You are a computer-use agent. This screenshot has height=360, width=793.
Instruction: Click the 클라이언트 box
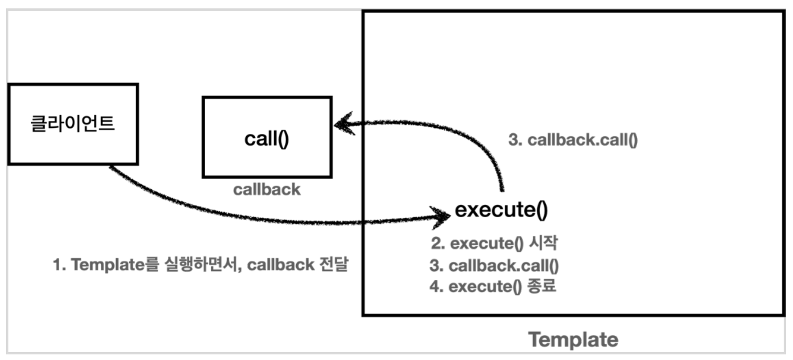(x=73, y=124)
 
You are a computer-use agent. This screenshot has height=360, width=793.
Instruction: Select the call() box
(x=267, y=137)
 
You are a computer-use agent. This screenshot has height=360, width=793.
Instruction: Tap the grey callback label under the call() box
(x=267, y=189)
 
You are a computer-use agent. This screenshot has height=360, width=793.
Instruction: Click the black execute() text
(x=501, y=209)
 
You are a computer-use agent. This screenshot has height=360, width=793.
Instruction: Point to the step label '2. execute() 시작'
(x=494, y=243)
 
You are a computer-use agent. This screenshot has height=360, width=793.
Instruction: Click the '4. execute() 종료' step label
(x=493, y=286)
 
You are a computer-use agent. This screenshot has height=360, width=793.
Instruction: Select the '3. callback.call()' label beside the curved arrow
(x=573, y=139)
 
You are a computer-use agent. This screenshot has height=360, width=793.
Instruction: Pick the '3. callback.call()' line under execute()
(x=494, y=265)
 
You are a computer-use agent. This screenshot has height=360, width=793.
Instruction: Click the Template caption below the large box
(x=573, y=339)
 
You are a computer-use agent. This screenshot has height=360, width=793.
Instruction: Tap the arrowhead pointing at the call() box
(x=344, y=124)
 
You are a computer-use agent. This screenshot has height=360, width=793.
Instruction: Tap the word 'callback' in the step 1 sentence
(x=280, y=265)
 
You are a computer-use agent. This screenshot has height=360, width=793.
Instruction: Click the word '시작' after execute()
(x=543, y=243)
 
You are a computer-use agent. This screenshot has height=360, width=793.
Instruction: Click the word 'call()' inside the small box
(x=267, y=138)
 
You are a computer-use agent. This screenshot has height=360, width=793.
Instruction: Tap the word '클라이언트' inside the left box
(x=73, y=124)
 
